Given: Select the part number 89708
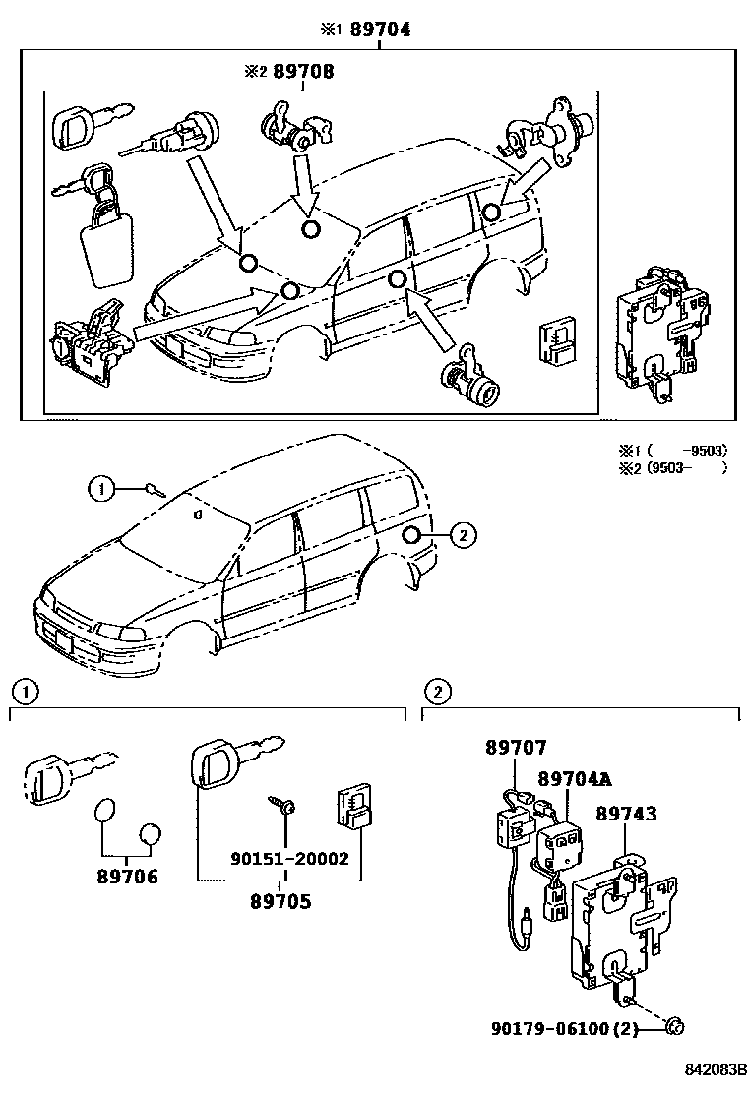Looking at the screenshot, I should click(x=303, y=71).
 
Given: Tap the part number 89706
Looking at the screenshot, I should click(x=126, y=877).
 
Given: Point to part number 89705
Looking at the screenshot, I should click(x=279, y=900).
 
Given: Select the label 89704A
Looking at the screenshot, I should click(x=574, y=779).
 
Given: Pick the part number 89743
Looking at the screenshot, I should click(x=625, y=814).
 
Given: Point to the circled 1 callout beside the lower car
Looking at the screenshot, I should click(x=100, y=486).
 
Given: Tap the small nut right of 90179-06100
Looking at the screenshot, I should click(x=673, y=1028).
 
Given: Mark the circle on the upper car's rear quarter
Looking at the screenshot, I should click(x=492, y=211).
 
